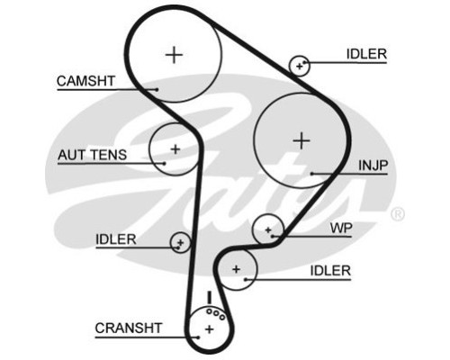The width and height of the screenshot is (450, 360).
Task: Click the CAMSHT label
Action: (x=85, y=81)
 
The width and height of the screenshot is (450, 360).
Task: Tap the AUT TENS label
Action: (x=93, y=155)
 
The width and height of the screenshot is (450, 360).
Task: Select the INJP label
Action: (x=373, y=166)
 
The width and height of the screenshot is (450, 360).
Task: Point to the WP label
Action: (x=341, y=229)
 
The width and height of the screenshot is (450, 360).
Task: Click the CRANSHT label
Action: (x=129, y=328)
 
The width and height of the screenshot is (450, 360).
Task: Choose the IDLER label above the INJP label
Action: (x=366, y=54)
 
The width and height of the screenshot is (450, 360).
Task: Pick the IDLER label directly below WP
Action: (x=330, y=271)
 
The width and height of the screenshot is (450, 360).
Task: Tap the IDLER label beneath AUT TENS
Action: (x=116, y=239)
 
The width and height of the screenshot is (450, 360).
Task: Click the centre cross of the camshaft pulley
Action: (x=174, y=55)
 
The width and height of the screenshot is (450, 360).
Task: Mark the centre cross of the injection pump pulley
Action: (x=301, y=140)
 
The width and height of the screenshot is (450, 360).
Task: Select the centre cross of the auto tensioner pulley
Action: (x=175, y=149)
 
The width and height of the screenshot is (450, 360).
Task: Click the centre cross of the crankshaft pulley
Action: (x=210, y=329)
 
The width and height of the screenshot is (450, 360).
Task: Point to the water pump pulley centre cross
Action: (x=268, y=230)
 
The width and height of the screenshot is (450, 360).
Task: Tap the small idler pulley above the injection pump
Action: (x=300, y=66)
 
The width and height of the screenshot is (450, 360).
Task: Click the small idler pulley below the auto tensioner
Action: (x=180, y=242)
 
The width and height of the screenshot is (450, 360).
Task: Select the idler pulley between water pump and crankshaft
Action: (x=237, y=269)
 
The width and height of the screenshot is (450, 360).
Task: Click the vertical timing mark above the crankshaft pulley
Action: (x=210, y=297)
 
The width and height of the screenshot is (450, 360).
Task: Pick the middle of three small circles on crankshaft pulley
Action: (x=216, y=314)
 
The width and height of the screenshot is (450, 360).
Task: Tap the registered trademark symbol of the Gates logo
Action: (x=398, y=214)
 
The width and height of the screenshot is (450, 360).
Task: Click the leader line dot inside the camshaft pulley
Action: (x=157, y=89)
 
